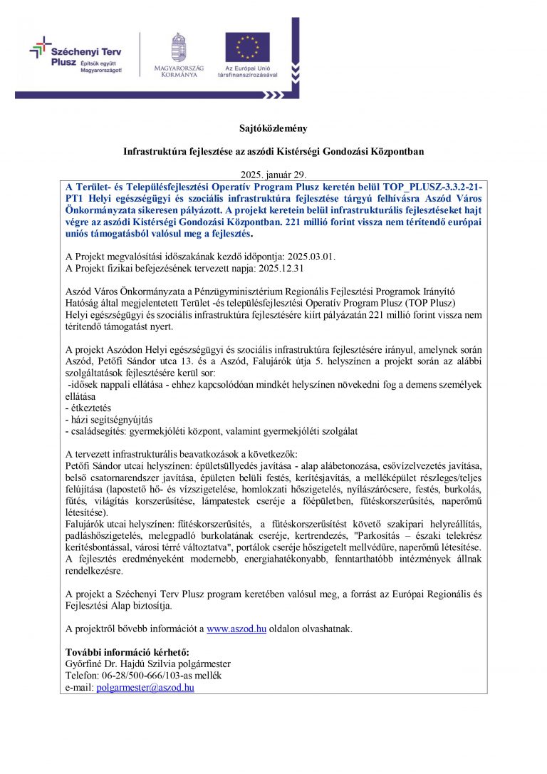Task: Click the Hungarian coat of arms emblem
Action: coord(179,47)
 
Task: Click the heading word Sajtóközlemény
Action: coord(273,128)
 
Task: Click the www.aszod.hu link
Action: coord(236,629)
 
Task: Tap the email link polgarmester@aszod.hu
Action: coord(145,687)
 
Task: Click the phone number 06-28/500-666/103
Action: coord(137,676)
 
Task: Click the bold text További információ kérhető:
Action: coord(127,652)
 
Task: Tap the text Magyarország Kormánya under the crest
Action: coord(179,71)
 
